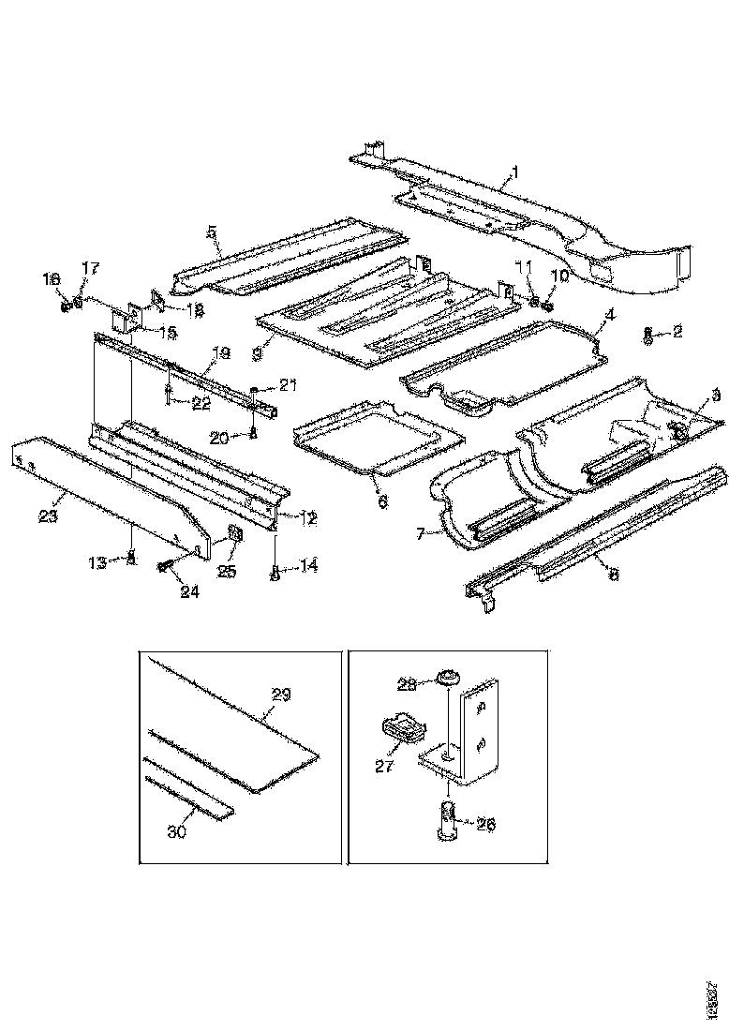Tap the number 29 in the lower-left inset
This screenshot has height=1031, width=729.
tap(281, 695)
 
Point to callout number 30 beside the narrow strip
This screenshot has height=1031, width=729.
tap(176, 830)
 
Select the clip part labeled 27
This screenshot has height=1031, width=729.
tap(401, 727)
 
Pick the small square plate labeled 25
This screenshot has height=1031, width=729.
tap(233, 535)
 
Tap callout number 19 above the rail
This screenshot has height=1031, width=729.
tap(220, 353)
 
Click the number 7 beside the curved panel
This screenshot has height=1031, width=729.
tap(420, 533)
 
